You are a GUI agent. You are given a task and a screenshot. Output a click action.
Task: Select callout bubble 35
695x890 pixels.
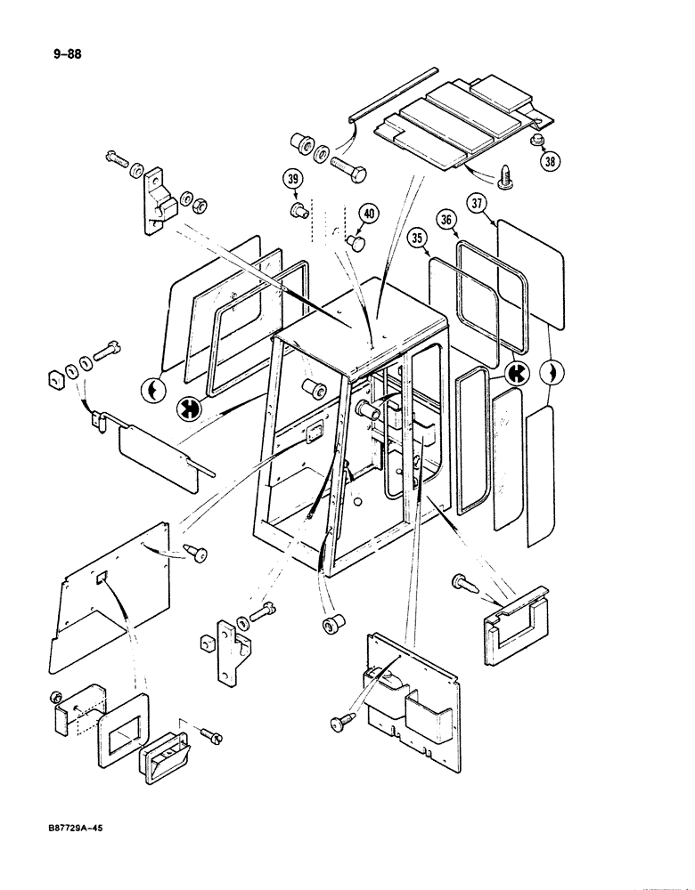(x=419, y=238)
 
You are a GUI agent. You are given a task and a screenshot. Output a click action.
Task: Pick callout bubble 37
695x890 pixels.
(x=478, y=204)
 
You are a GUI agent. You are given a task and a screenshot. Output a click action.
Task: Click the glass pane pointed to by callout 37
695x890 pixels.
(x=530, y=273)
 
